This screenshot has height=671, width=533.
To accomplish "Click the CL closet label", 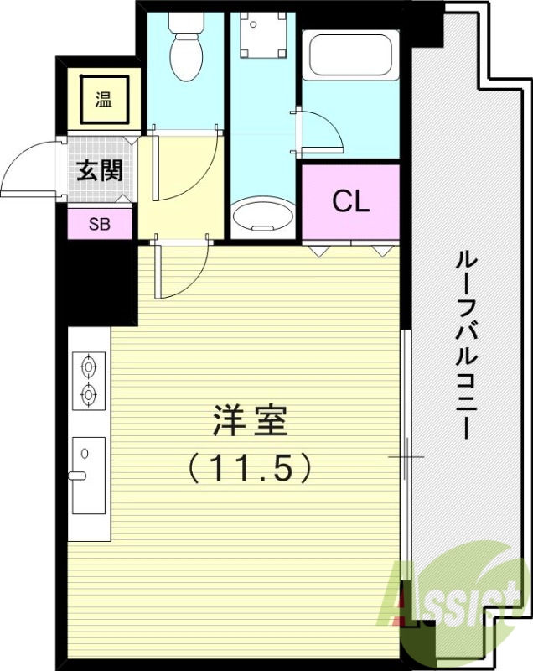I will click(x=350, y=201).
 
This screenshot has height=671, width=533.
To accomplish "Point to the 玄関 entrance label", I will click(x=100, y=171).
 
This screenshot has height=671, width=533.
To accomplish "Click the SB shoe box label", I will click(x=100, y=224).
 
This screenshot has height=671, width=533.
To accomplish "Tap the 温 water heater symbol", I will click(x=103, y=100).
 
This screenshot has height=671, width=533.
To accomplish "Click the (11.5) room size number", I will click(x=250, y=466).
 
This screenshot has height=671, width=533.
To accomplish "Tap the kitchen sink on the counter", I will click(x=88, y=475).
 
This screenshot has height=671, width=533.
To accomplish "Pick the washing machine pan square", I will click(x=262, y=37).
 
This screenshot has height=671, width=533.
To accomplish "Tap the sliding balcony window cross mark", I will click(x=406, y=457).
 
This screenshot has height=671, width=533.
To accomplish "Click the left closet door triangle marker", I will click(x=318, y=250).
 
